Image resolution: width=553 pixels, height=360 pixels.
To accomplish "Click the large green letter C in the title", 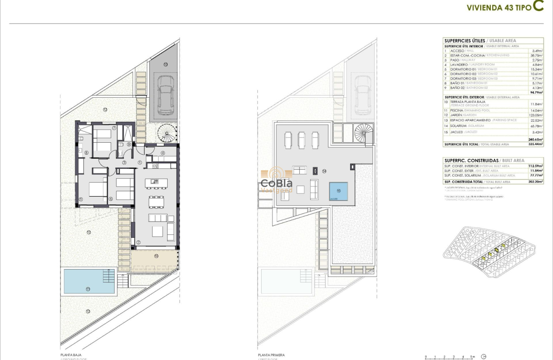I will [538, 6].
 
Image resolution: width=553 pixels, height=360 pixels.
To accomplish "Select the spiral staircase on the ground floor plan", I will [166, 133].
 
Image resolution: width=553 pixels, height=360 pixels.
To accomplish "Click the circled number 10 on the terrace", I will [156, 256].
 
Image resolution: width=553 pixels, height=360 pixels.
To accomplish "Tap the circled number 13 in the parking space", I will [165, 64].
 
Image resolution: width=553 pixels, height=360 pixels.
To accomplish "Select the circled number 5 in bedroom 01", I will [81, 199].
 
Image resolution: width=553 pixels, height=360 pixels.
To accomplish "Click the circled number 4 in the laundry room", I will [163, 153].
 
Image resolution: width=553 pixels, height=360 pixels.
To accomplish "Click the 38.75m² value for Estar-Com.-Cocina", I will [536, 55].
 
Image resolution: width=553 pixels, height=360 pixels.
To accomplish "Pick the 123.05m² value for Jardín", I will [535, 115].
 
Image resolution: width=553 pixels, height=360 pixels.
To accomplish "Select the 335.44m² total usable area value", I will [536, 144].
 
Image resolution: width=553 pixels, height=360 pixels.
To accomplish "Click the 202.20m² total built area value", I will [536, 182].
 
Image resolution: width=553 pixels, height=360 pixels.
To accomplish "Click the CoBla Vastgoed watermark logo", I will [277, 182].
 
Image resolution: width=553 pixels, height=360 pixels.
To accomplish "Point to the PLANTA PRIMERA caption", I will [271, 355].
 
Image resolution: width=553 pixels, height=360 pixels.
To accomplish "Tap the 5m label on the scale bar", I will [472, 357].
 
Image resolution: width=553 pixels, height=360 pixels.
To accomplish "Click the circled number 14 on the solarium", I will [324, 171].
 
